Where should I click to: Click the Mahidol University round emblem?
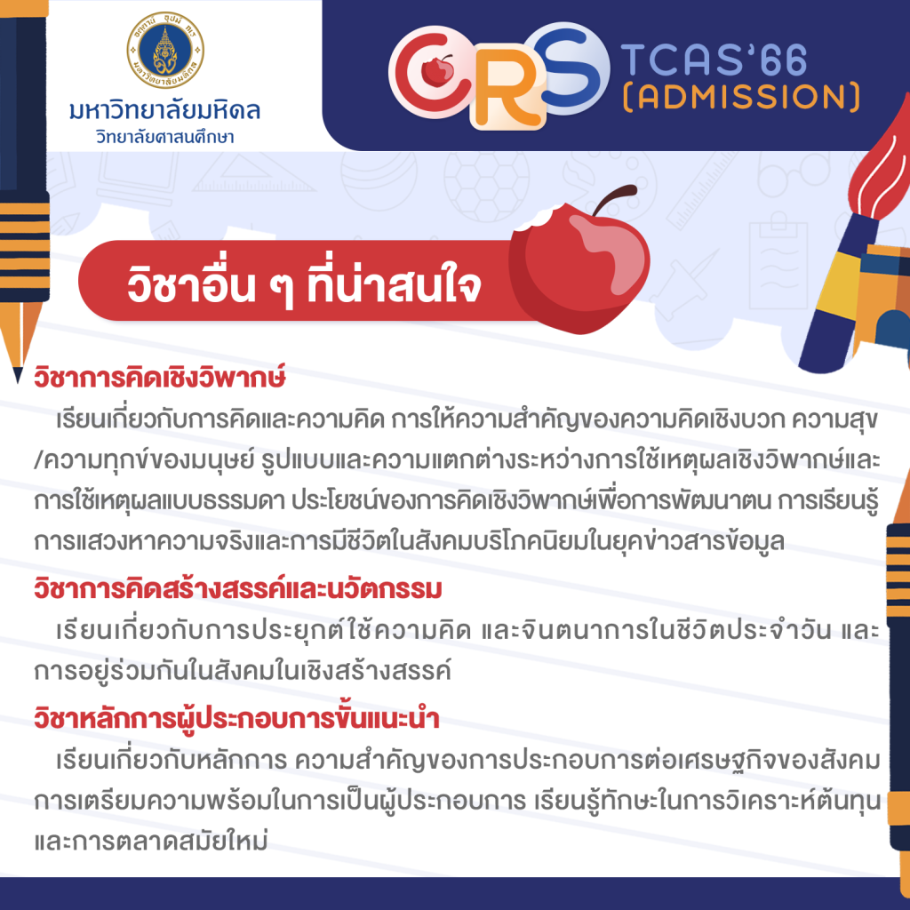click(165, 51)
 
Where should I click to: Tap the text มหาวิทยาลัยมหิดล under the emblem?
click(164, 110)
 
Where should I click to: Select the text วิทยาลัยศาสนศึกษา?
click(164, 137)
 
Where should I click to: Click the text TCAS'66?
click(714, 60)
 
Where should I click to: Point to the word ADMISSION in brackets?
click(741, 97)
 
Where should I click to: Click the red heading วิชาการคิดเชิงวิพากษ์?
click(160, 378)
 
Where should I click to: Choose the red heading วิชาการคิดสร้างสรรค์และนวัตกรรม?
click(238, 588)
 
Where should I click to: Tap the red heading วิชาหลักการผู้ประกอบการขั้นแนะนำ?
click(236, 718)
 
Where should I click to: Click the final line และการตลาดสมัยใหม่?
click(151, 841)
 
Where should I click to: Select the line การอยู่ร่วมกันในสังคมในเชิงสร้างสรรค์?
click(243, 671)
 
